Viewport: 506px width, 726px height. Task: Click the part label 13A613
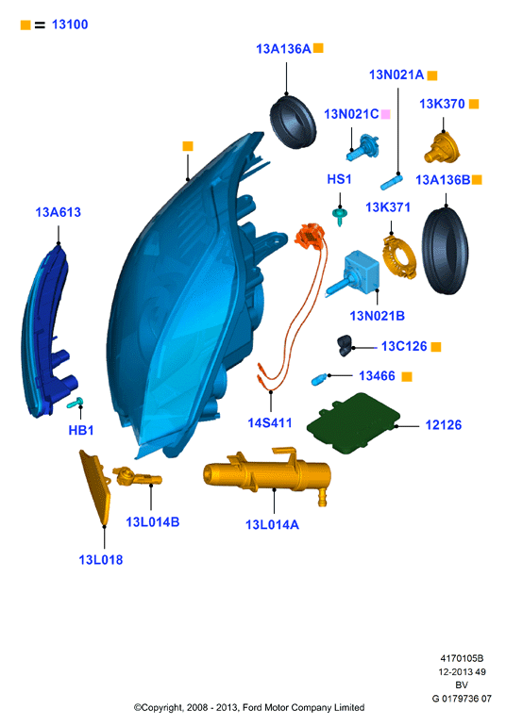tap(58, 212)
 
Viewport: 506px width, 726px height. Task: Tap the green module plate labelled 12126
tap(353, 423)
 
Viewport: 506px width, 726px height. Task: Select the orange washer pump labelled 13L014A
tap(267, 475)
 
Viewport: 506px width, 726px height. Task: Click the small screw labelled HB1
tap(76, 403)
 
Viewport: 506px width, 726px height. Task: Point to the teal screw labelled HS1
tap(340, 216)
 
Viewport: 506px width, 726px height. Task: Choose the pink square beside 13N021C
tap(385, 114)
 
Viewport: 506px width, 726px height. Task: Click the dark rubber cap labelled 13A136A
tap(293, 123)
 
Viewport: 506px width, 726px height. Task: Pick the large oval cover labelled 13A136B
tap(446, 251)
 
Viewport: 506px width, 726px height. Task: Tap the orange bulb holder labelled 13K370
tap(442, 148)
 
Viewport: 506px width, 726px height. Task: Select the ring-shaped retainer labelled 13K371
tap(399, 257)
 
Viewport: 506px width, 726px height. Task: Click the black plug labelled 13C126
tap(346, 345)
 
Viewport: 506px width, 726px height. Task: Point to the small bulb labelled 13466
tap(320, 380)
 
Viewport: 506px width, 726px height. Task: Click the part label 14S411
tap(270, 422)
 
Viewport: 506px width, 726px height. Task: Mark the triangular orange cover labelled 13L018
tap(96, 487)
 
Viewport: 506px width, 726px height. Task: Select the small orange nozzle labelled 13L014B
tap(137, 476)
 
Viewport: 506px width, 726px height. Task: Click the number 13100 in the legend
tap(70, 25)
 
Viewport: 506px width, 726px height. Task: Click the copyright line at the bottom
tap(249, 707)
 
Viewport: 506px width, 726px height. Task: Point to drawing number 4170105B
tap(462, 658)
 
